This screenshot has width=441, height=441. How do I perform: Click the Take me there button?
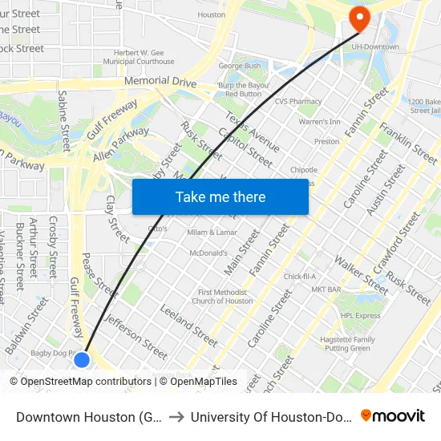point(220,196)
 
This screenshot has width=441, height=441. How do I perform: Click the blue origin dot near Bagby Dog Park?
point(82,359)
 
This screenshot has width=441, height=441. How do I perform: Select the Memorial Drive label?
point(160,81)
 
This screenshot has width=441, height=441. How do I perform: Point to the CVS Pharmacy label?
point(297,102)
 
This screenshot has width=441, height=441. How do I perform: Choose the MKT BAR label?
point(327,289)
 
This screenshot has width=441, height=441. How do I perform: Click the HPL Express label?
point(360,315)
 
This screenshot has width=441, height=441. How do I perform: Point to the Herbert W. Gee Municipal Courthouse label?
point(144,57)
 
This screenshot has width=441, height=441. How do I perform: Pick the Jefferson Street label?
point(136,335)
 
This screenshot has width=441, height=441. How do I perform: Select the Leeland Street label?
point(188,325)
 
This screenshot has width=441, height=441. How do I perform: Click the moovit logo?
point(393,415)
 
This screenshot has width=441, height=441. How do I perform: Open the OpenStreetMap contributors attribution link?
point(83,382)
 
